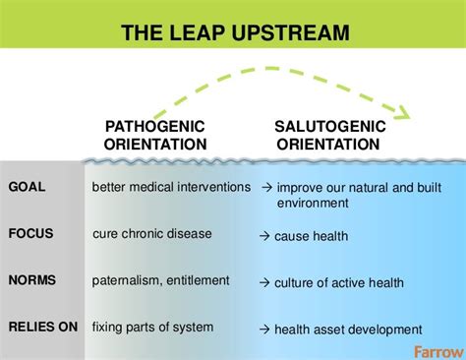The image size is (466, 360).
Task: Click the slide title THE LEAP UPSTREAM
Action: (233, 32)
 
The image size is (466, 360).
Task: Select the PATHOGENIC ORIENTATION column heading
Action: (155, 136)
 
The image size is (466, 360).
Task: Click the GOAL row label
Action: (27, 187)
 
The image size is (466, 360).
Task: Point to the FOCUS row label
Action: (30, 235)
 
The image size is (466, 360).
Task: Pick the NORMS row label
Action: (31, 281)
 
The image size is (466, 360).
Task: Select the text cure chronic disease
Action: (152, 235)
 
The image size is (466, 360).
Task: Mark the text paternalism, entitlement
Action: (161, 281)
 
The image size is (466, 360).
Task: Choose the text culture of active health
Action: (339, 283)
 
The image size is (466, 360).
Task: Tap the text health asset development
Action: (348, 330)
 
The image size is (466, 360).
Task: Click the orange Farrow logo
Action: (436, 348)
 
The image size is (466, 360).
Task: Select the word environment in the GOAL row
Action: (312, 203)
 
